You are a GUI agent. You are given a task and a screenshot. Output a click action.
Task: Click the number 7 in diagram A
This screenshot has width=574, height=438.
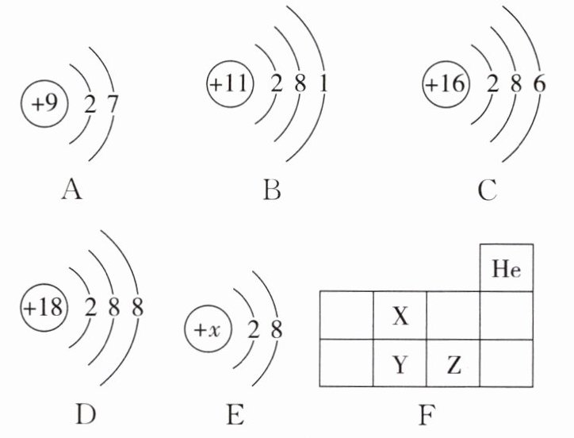[113, 104]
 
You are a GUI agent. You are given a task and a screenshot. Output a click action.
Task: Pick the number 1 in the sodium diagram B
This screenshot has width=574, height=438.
[323, 83]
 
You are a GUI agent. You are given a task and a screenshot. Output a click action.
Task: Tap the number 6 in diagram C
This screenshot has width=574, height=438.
[539, 84]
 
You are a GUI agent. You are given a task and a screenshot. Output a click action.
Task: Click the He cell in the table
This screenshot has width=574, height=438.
[507, 268]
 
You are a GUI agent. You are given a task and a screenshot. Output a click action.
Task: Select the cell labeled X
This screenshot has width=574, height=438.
[400, 316]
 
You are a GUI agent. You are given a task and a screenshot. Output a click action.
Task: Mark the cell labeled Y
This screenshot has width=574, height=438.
[400, 363]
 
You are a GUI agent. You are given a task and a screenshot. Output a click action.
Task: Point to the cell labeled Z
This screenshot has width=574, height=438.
[453, 363]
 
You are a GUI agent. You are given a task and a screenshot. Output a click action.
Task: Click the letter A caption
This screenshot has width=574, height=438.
[71, 190]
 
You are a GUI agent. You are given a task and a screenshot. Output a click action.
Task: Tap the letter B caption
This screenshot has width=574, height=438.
[272, 190]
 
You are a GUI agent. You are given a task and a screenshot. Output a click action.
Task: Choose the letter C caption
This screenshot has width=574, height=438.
[487, 190]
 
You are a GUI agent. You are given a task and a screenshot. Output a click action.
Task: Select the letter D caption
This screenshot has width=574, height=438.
[86, 414]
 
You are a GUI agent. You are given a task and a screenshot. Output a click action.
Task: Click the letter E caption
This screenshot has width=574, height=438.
[235, 414]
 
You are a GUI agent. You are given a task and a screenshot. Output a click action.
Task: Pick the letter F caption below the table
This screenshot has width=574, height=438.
[427, 414]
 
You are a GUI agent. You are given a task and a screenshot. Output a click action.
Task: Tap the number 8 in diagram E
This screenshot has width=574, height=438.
[277, 329]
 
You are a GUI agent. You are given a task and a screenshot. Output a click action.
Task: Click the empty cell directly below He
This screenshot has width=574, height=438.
[507, 316]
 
